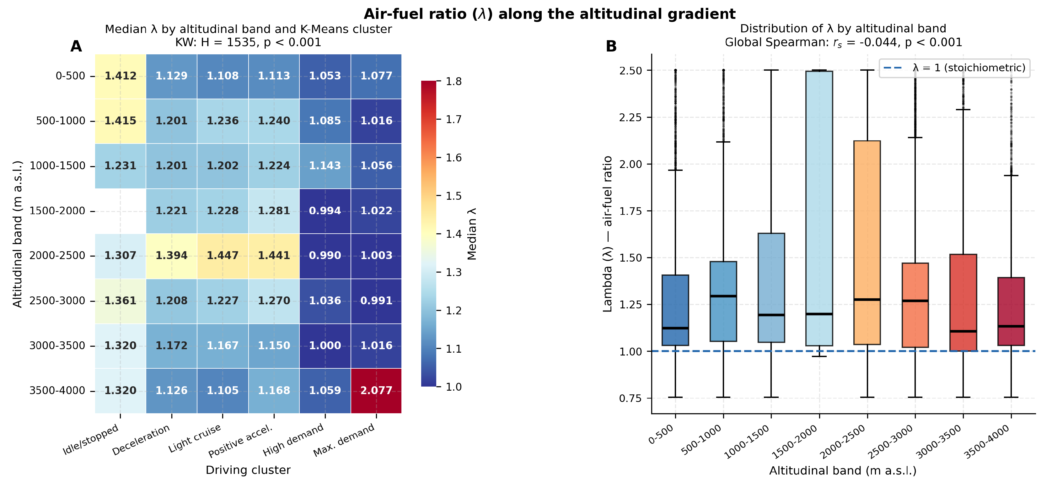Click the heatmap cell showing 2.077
pyautogui.click(x=376, y=391)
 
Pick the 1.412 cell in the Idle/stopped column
pyautogui.click(x=121, y=76)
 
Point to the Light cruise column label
pyautogui.click(x=195, y=438)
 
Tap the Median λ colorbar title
pyautogui.click(x=472, y=234)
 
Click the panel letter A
pyautogui.click(x=76, y=46)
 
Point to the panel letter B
pyautogui.click(x=611, y=46)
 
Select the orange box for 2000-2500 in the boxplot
pyautogui.click(x=867, y=242)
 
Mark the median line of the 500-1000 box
pyautogui.click(x=723, y=296)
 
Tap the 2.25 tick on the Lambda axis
pyautogui.click(x=631, y=117)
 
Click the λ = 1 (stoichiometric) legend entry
pyautogui.click(x=954, y=68)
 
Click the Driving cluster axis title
pyautogui.click(x=248, y=470)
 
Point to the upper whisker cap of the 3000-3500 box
pyautogui.click(x=963, y=110)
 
